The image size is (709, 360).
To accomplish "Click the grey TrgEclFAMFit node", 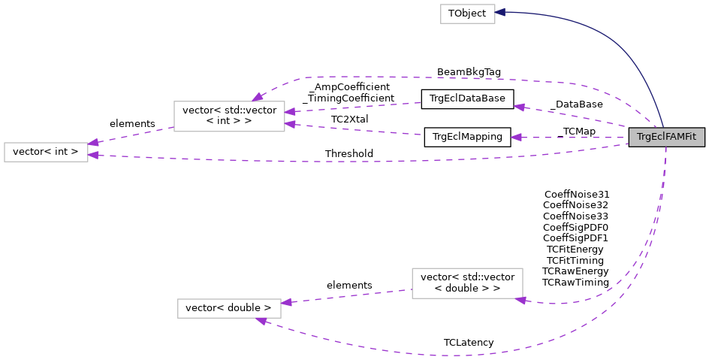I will point(666,137).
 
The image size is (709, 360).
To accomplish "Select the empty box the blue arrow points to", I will point(467,14).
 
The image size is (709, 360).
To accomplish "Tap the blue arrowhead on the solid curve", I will point(500,12).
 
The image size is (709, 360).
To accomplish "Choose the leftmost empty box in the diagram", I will point(46,152).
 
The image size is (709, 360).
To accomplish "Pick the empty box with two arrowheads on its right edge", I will point(229,116).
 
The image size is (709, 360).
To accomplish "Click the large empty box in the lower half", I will point(467,283).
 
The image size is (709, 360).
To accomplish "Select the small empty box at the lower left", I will point(229,308).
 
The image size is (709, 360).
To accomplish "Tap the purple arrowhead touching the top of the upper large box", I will point(258,97).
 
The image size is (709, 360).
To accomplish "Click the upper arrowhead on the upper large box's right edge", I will point(290,112).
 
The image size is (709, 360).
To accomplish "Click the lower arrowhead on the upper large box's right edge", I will point(290,124).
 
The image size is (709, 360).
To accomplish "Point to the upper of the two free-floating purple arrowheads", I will point(519,107).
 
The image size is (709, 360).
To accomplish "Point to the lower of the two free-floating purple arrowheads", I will point(516,138).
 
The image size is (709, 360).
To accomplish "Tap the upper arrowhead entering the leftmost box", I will point(93,142).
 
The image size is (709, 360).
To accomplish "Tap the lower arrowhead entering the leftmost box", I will point(93,156).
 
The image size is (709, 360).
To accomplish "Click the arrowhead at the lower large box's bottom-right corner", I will point(520,301).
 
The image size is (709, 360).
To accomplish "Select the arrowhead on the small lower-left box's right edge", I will point(286,302).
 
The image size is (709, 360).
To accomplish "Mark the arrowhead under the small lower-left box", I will point(261,322).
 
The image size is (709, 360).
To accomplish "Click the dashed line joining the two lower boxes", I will point(345,296).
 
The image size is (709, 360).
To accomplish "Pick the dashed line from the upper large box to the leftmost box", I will point(131,135).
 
